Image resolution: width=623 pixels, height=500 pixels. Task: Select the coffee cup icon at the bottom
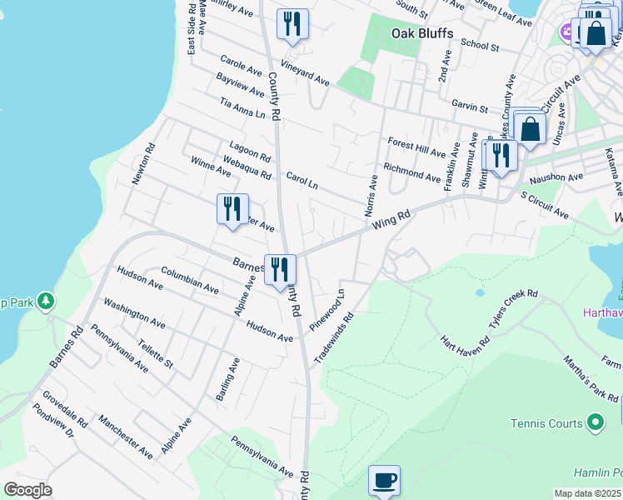[384, 480]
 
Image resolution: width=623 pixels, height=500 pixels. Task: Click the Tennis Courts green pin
[596, 423]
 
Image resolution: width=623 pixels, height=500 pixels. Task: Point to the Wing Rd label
[391, 220]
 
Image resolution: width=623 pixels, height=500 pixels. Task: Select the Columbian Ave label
[190, 280]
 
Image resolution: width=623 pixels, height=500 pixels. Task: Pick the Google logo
[27, 490]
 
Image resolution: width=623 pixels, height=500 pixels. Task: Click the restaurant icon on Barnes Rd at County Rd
[280, 269]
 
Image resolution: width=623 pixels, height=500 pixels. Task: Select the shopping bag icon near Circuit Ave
[531, 128]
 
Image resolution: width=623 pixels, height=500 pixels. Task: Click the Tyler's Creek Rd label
[514, 311]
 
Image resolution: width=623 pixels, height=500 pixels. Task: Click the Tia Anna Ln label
[242, 107]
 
